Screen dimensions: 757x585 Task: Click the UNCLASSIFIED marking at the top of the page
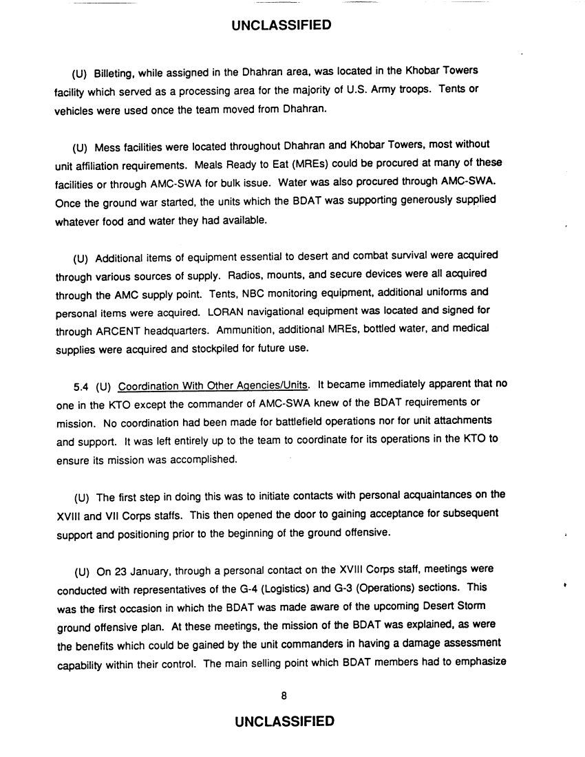pyautogui.click(x=281, y=26)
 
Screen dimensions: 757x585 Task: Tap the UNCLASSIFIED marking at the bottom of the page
pyautogui.click(x=284, y=721)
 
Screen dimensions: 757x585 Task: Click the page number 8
pyautogui.click(x=284, y=695)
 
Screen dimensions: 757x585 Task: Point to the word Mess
pyautogui.click(x=106, y=145)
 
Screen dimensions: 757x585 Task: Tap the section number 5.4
pyautogui.click(x=81, y=384)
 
